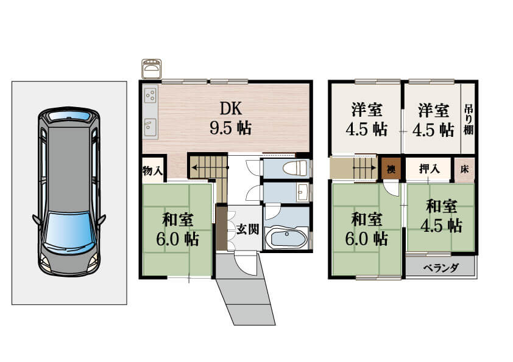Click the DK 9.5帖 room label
tap(231, 118)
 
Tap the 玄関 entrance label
tap(248, 229)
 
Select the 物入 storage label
tap(152, 170)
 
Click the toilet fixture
tap(295, 167)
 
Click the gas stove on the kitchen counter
tap(150, 94)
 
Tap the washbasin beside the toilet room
tap(302, 192)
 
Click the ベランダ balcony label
tap(441, 268)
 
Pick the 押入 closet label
tap(430, 169)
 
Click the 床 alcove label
tap(465, 169)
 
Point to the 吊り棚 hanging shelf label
tap(469, 119)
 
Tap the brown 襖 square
tap(391, 169)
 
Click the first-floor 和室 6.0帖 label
tap(178, 230)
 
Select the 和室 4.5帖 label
tap(441, 216)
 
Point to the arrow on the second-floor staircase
tap(364, 168)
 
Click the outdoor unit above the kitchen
tap(151, 68)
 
